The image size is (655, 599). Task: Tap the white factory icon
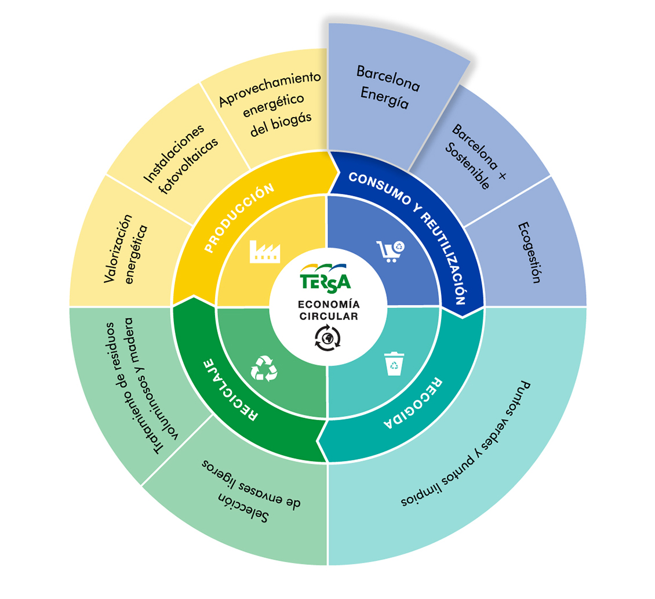coord(265,252)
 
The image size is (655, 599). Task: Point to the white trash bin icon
coord(394,364)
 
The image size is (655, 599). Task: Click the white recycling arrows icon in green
coord(264,368)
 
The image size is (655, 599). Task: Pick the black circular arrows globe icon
coord(327,337)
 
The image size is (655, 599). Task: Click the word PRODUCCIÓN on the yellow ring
coord(239,217)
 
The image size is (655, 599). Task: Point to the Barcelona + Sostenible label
coord(476,157)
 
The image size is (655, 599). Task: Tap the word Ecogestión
coord(529,252)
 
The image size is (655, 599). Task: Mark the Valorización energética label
coord(125,249)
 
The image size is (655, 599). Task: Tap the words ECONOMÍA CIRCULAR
coord(329,310)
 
